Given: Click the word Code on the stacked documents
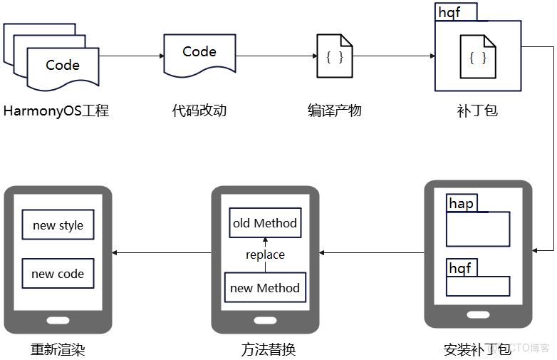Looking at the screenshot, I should click(x=63, y=65).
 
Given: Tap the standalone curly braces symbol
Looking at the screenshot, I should click(x=334, y=57).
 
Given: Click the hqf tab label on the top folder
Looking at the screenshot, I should click(x=450, y=13).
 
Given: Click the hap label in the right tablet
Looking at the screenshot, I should click(x=461, y=204).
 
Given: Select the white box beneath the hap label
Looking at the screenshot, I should click(x=477, y=229).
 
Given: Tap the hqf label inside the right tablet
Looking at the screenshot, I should click(x=460, y=268).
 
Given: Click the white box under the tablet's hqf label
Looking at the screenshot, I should click(x=477, y=286).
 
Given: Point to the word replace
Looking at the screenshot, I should click(x=265, y=254).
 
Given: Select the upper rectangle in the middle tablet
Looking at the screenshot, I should click(x=265, y=222).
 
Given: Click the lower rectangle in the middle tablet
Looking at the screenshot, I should click(x=265, y=287).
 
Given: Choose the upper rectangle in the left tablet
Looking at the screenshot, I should click(x=58, y=225).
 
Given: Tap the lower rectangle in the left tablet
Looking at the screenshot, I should click(x=58, y=273).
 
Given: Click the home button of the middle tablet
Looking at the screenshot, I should click(x=265, y=319).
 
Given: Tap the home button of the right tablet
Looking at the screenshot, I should click(x=477, y=314).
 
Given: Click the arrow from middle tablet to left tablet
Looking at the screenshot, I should click(x=162, y=252).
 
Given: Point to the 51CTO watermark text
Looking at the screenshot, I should click(x=518, y=347).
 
